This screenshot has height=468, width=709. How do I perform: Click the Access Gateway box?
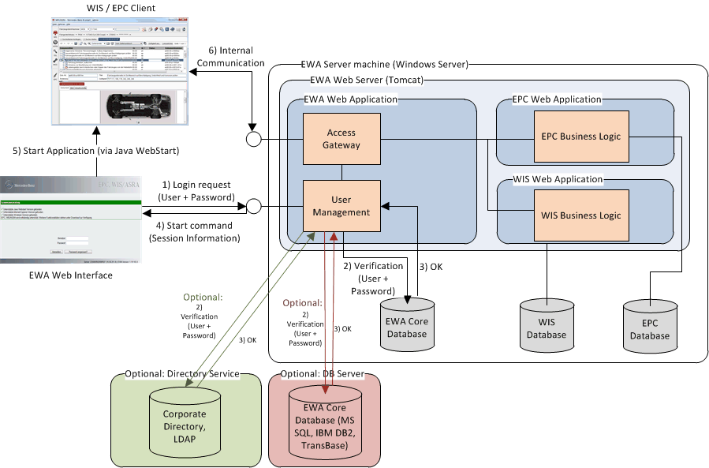(341, 139)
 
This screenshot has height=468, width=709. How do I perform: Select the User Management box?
(341, 206)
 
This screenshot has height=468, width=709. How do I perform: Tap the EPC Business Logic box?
(582, 136)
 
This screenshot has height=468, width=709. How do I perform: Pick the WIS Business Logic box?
(582, 215)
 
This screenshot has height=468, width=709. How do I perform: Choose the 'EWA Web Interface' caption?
(69, 275)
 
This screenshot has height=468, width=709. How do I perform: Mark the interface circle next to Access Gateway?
(253, 140)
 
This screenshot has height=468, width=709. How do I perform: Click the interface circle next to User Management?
(253, 207)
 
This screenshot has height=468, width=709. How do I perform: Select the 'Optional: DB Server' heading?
(323, 373)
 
